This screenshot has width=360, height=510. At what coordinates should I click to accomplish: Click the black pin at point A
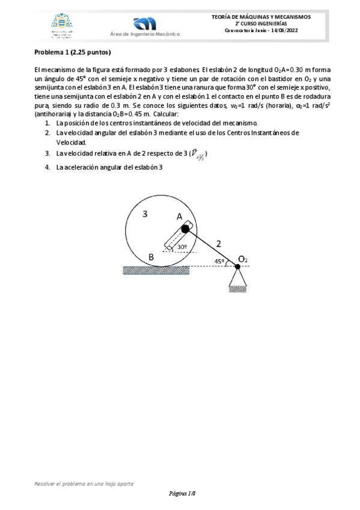pyautogui.click(x=186, y=228)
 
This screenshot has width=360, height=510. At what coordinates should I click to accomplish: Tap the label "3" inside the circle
pyautogui.click(x=145, y=214)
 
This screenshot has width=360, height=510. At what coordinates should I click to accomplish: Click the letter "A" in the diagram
pyautogui.click(x=178, y=216)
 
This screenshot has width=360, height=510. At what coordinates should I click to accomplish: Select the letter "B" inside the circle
pyautogui.click(x=151, y=257)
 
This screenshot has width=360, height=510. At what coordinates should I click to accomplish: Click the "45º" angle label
pyautogui.click(x=219, y=261)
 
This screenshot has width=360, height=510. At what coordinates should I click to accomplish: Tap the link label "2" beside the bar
pyautogui.click(x=218, y=244)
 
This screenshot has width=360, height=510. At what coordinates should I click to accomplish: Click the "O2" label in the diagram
pyautogui.click(x=243, y=259)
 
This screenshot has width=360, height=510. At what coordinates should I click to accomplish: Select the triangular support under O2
pyautogui.click(x=238, y=278)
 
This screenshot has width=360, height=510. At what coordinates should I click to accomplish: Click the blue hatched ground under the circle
pyautogui.click(x=156, y=270)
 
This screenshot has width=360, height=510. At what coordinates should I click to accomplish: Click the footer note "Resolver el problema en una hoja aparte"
pyautogui.click(x=84, y=483)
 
